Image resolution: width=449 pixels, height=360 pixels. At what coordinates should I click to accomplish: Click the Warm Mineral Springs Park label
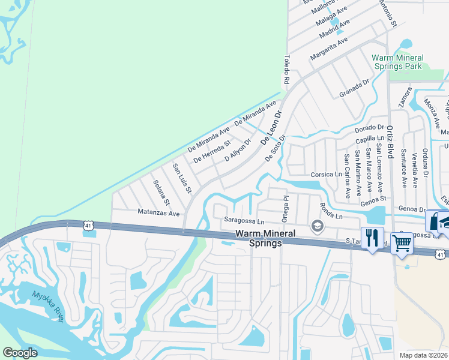pyautogui.click(x=398, y=62)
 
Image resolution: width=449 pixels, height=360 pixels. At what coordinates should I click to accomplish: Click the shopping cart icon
pyautogui.click(x=401, y=243)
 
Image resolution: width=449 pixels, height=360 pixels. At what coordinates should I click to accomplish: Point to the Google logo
pyautogui.click(x=20, y=353)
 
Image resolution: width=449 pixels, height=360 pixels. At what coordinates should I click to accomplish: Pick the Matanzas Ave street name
pyautogui.click(x=158, y=213)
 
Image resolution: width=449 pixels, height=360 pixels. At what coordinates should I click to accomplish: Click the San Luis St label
pyautogui.click(x=181, y=179)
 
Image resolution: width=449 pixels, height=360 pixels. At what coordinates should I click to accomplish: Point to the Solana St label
pyautogui.click(x=161, y=192)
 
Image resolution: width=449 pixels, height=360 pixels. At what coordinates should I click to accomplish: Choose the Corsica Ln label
pyautogui.click(x=326, y=175)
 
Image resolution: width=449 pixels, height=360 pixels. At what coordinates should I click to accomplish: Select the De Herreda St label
pyautogui.click(x=212, y=152)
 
